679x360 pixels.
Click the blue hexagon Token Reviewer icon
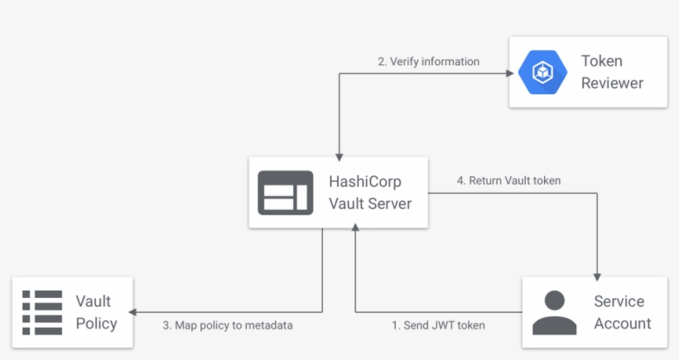click(542, 72)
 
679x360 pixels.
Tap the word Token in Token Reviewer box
click(601, 61)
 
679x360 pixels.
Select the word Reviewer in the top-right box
click(611, 83)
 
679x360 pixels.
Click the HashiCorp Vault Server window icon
click(285, 193)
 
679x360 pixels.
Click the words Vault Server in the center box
click(369, 204)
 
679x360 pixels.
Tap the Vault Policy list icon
click(42, 311)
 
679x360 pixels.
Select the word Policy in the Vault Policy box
click(96, 323)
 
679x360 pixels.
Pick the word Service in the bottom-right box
click(619, 301)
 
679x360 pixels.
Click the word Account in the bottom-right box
click(622, 323)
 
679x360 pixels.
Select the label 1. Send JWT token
click(438, 325)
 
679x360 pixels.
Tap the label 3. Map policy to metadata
click(228, 325)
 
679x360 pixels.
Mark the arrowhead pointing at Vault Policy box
click(136, 312)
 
